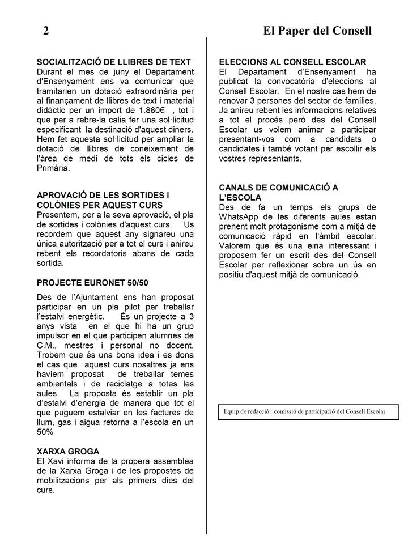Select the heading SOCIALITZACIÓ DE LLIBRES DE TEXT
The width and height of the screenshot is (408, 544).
click(x=113, y=62)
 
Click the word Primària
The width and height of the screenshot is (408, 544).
click(x=53, y=169)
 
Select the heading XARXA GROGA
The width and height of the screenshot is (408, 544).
click(x=68, y=451)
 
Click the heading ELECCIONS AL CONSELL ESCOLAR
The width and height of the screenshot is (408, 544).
click(x=292, y=62)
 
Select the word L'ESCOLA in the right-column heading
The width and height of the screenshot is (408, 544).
click(x=240, y=197)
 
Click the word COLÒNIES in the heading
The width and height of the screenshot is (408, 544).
click(x=60, y=205)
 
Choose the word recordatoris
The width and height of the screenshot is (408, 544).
click(x=99, y=253)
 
